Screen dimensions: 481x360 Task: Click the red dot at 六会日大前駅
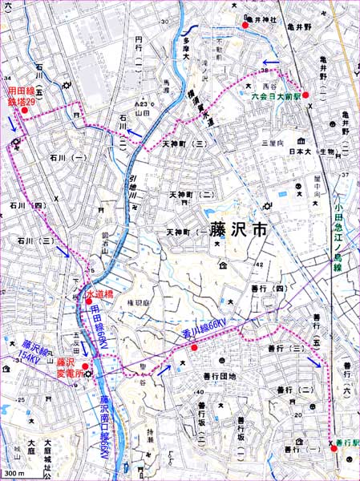pos(305,95)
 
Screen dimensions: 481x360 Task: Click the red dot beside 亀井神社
pos(245,26)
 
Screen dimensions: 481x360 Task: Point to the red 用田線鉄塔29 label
pos(22,99)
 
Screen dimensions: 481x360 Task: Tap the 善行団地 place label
pos(220,376)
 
